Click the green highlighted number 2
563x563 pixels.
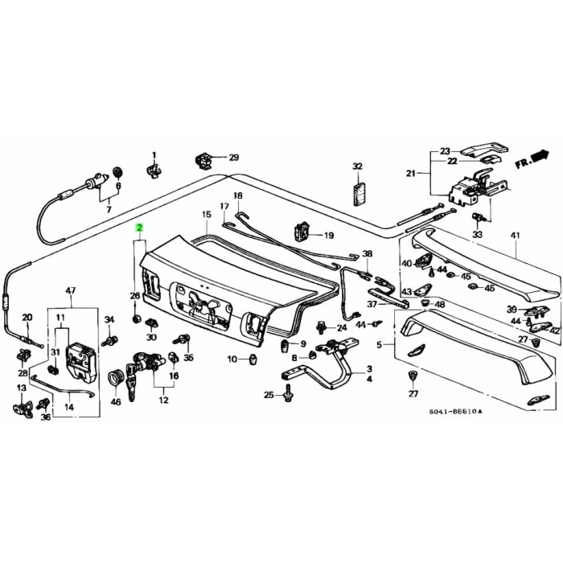(x=140, y=228)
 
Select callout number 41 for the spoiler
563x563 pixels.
(x=515, y=235)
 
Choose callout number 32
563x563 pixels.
(x=358, y=166)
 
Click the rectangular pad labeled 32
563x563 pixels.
(x=358, y=193)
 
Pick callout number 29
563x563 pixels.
(x=233, y=157)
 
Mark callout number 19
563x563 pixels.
(x=328, y=236)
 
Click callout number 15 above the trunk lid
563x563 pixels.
(x=206, y=215)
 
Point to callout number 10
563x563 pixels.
(x=232, y=359)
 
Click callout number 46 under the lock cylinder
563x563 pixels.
(x=115, y=401)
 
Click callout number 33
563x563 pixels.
(x=477, y=235)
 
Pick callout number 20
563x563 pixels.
(x=26, y=317)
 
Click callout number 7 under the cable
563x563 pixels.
(x=109, y=210)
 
